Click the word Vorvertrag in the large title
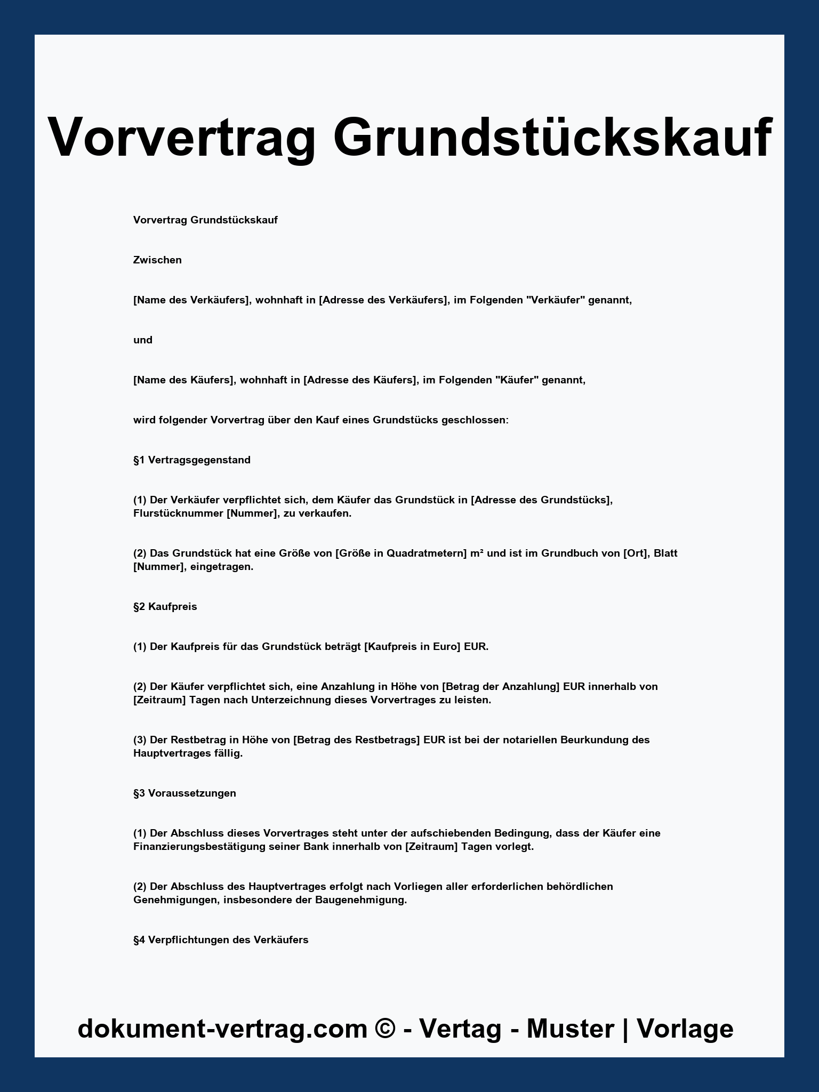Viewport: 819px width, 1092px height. [181, 138]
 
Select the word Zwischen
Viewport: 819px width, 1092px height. [157, 260]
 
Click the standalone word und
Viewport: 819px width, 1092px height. [143, 340]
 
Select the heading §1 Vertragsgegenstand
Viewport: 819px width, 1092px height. [192, 460]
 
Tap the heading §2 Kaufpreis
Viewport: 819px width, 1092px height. [165, 607]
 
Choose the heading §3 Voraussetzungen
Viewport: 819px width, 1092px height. [184, 793]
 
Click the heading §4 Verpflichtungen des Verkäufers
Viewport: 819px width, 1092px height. [221, 940]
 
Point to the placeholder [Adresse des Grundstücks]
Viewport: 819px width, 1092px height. [542, 500]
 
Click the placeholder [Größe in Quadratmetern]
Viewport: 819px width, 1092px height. [401, 553]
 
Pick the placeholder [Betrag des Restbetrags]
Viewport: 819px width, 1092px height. [356, 740]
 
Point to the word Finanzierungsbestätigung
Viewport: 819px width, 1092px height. [199, 847]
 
